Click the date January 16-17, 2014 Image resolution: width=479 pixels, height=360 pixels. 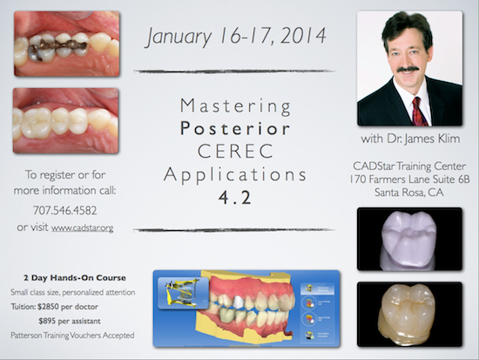click(x=236, y=37)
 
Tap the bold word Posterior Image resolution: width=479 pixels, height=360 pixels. click(x=235, y=128)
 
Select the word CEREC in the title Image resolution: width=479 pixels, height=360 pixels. click(x=235, y=151)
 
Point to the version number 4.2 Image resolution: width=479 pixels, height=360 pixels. click(x=235, y=197)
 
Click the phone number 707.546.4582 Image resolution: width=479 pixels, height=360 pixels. click(x=65, y=210)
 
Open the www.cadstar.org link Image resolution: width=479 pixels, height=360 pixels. click(x=82, y=228)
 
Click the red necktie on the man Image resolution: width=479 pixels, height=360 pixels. click(x=420, y=112)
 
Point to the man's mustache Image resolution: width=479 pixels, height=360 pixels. click(x=409, y=69)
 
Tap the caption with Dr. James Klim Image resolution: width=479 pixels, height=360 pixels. click(x=410, y=139)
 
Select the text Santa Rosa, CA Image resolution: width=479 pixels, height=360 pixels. click(x=409, y=193)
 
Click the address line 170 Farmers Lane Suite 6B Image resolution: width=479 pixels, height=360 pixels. click(x=409, y=180)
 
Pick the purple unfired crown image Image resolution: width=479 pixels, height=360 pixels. click(x=409, y=239)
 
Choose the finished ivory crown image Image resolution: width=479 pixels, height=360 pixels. click(x=409, y=314)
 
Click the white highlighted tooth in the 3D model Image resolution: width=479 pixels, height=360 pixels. click(x=239, y=302)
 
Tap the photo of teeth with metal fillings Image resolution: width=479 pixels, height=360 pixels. click(x=66, y=44)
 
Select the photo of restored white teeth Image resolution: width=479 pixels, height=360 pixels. click(x=65, y=120)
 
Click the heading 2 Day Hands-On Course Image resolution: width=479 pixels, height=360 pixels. click(x=75, y=278)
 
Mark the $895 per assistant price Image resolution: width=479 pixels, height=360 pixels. click(x=70, y=321)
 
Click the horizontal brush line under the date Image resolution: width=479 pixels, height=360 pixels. click(x=234, y=71)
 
